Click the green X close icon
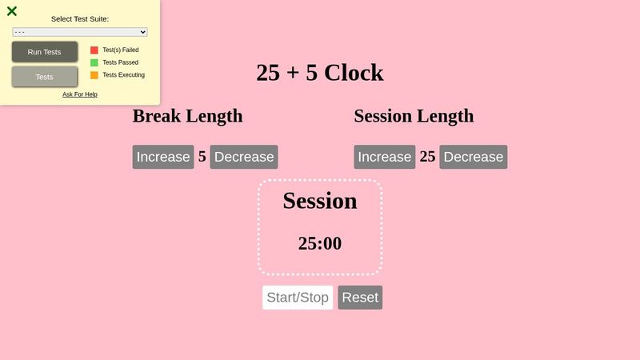(12, 11)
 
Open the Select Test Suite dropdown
(80, 32)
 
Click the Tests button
(45, 77)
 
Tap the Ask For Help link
(80, 94)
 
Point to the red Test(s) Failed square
(94, 50)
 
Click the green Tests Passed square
(94, 62)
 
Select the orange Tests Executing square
(94, 75)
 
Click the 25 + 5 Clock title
(320, 73)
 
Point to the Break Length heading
(187, 116)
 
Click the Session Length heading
(414, 116)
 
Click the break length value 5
(202, 157)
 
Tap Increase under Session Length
(384, 157)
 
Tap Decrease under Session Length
(473, 157)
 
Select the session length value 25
(427, 157)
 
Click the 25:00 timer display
(320, 243)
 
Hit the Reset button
(360, 298)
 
